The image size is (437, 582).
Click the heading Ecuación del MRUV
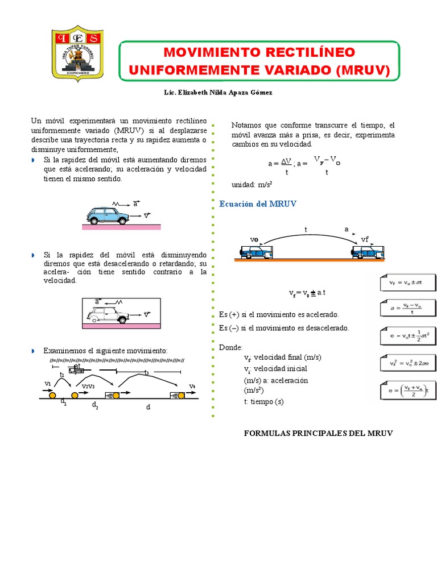[258, 203]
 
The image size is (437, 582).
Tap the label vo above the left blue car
[254, 239]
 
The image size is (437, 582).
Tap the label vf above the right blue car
[365, 239]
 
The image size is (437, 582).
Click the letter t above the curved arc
[306, 229]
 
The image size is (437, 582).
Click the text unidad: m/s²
[252, 185]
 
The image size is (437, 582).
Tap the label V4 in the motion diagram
[192, 386]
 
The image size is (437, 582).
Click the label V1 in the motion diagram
[48, 384]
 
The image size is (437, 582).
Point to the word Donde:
[230, 347]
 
